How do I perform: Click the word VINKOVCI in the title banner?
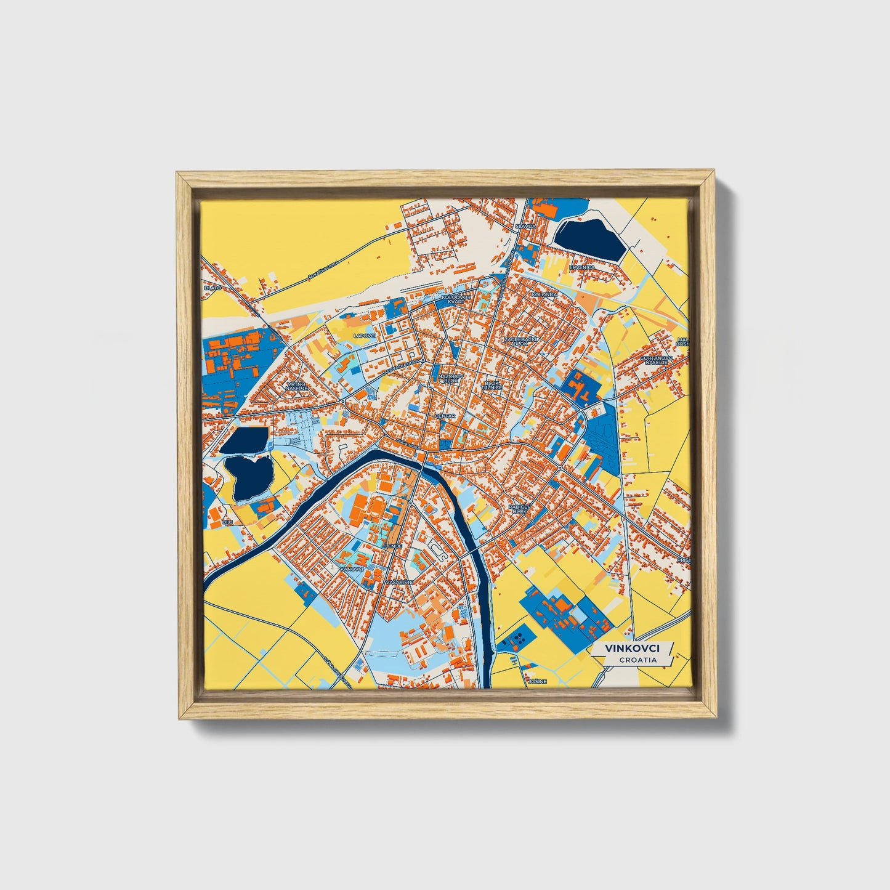pyautogui.click(x=632, y=649)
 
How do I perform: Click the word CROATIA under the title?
pyautogui.click(x=638, y=660)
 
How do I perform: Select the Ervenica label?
pyautogui.click(x=582, y=267)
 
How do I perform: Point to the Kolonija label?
pyautogui.click(x=544, y=294)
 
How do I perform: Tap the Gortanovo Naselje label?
pyautogui.click(x=653, y=360)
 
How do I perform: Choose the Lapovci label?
pyautogui.click(x=365, y=336)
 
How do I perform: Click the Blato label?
pyautogui.click(x=212, y=288)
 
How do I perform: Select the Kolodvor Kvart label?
pyautogui.click(x=456, y=299)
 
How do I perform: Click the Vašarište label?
pyautogui.click(x=395, y=581)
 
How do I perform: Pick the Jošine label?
pyautogui.click(x=537, y=682)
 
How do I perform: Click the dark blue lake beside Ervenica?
pyautogui.click(x=588, y=238)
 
